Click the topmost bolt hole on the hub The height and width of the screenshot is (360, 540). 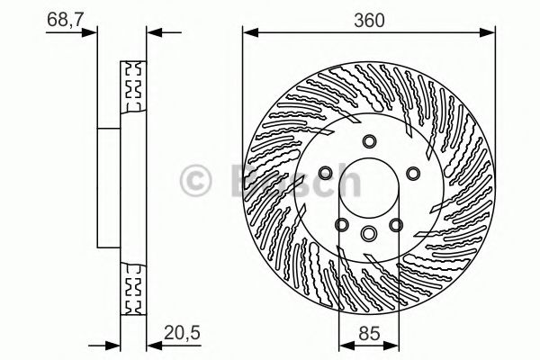pyautogui.click(x=369, y=140)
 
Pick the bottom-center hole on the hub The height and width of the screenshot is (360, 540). pyautogui.click(x=369, y=233)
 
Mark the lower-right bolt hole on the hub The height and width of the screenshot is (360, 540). pyautogui.click(x=395, y=224)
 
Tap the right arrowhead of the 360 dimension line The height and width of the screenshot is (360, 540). pyautogui.click(x=490, y=34)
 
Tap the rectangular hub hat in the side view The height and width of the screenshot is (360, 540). pyautogui.click(x=109, y=188)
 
